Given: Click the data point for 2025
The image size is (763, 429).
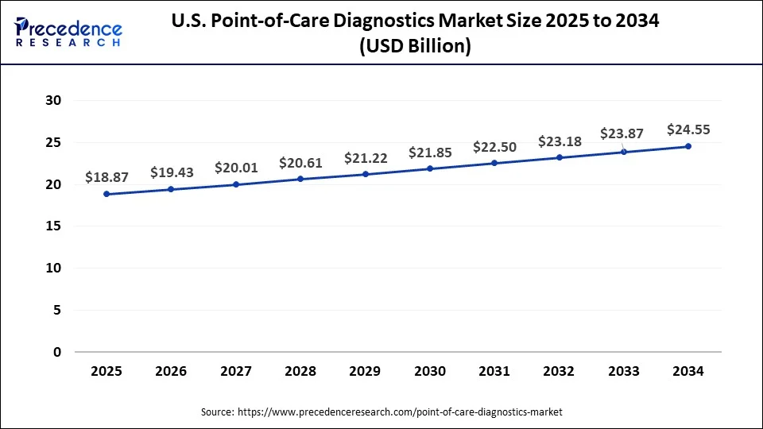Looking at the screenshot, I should point(107,194).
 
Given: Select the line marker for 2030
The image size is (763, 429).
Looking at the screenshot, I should point(430,168).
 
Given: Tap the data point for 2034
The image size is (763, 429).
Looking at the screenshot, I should point(688,146).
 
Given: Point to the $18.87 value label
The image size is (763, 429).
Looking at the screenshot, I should point(107,177).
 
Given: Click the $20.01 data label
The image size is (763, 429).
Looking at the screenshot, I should point(236,168).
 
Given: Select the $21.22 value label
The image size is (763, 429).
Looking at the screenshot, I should point(365,158).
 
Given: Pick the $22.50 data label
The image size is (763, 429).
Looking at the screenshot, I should point(494,147).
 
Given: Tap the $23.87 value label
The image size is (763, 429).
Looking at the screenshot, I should point(624,134).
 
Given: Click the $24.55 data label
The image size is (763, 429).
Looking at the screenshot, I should point(688,129).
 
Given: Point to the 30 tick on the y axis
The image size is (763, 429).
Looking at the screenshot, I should point(53,101).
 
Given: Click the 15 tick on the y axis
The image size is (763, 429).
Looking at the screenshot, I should point(53,226).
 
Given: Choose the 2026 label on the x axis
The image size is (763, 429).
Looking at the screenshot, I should point(172,371).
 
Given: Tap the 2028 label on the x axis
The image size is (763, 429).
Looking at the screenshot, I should point(300,371).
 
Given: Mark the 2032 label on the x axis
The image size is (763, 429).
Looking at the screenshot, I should point(559,371).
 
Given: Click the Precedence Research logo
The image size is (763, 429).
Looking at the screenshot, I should point(68,32).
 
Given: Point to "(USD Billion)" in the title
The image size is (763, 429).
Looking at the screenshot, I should point(416,47).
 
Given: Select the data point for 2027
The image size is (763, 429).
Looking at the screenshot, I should point(236,184).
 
